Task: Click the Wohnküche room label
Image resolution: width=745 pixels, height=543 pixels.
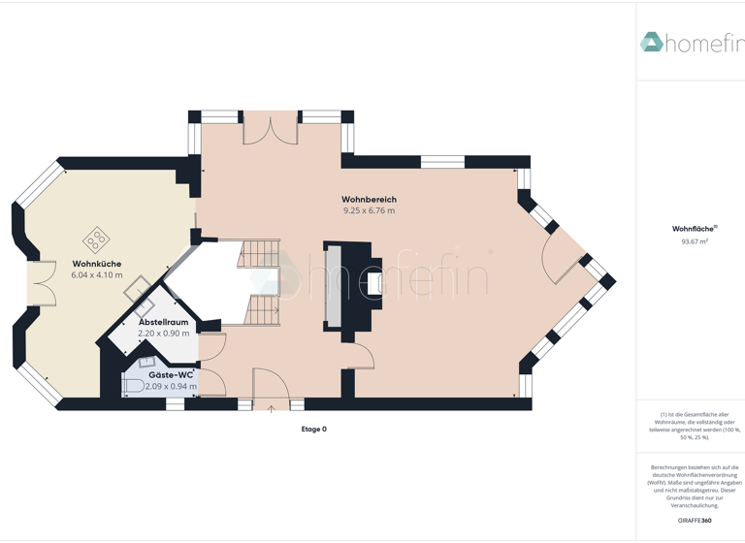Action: coord(96,264)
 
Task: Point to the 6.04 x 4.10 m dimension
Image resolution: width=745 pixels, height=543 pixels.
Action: coord(96,275)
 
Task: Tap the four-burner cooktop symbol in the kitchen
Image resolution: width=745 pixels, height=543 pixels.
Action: coord(96,239)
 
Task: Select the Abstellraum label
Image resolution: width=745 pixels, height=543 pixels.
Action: coord(163,322)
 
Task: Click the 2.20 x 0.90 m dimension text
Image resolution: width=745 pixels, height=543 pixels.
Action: coord(163,334)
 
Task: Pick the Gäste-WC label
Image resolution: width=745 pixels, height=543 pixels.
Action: coord(171,374)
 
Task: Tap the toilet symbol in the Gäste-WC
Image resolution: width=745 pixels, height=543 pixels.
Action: coord(132,386)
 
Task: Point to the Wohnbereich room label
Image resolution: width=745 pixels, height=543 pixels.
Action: coord(369,199)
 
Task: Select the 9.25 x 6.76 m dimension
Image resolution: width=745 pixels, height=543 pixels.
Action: coord(369,210)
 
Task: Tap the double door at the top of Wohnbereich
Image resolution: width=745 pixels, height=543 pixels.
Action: coord(271,129)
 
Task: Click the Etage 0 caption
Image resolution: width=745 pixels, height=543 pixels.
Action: coord(313,429)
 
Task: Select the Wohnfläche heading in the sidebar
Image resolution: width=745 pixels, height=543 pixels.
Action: coord(694,229)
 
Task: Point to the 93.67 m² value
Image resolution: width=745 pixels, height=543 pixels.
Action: coord(694,241)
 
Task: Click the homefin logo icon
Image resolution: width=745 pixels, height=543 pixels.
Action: coord(651,42)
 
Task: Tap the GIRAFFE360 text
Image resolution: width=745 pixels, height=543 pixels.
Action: coord(694,521)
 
